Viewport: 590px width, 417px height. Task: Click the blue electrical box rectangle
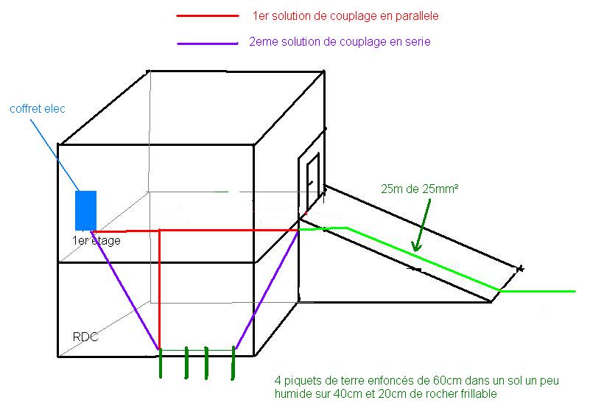86,210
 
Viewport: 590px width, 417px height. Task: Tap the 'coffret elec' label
38,109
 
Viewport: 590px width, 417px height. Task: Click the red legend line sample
208,15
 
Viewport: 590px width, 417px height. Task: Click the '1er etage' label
96,241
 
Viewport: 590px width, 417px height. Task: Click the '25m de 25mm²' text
421,189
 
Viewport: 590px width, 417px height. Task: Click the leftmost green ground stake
161,363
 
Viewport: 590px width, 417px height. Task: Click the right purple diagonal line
266,290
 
